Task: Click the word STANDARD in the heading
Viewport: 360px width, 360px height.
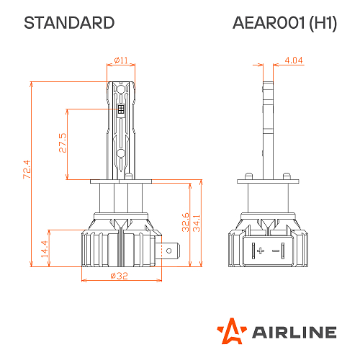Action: [x=69, y=22]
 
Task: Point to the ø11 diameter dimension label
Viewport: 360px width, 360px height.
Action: [x=120, y=60]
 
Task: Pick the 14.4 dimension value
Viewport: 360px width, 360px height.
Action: [x=44, y=249]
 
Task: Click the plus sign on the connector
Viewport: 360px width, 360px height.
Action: [x=260, y=250]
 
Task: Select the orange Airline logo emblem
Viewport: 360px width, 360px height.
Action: [x=233, y=331]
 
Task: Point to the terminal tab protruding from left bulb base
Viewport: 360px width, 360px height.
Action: [x=170, y=251]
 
